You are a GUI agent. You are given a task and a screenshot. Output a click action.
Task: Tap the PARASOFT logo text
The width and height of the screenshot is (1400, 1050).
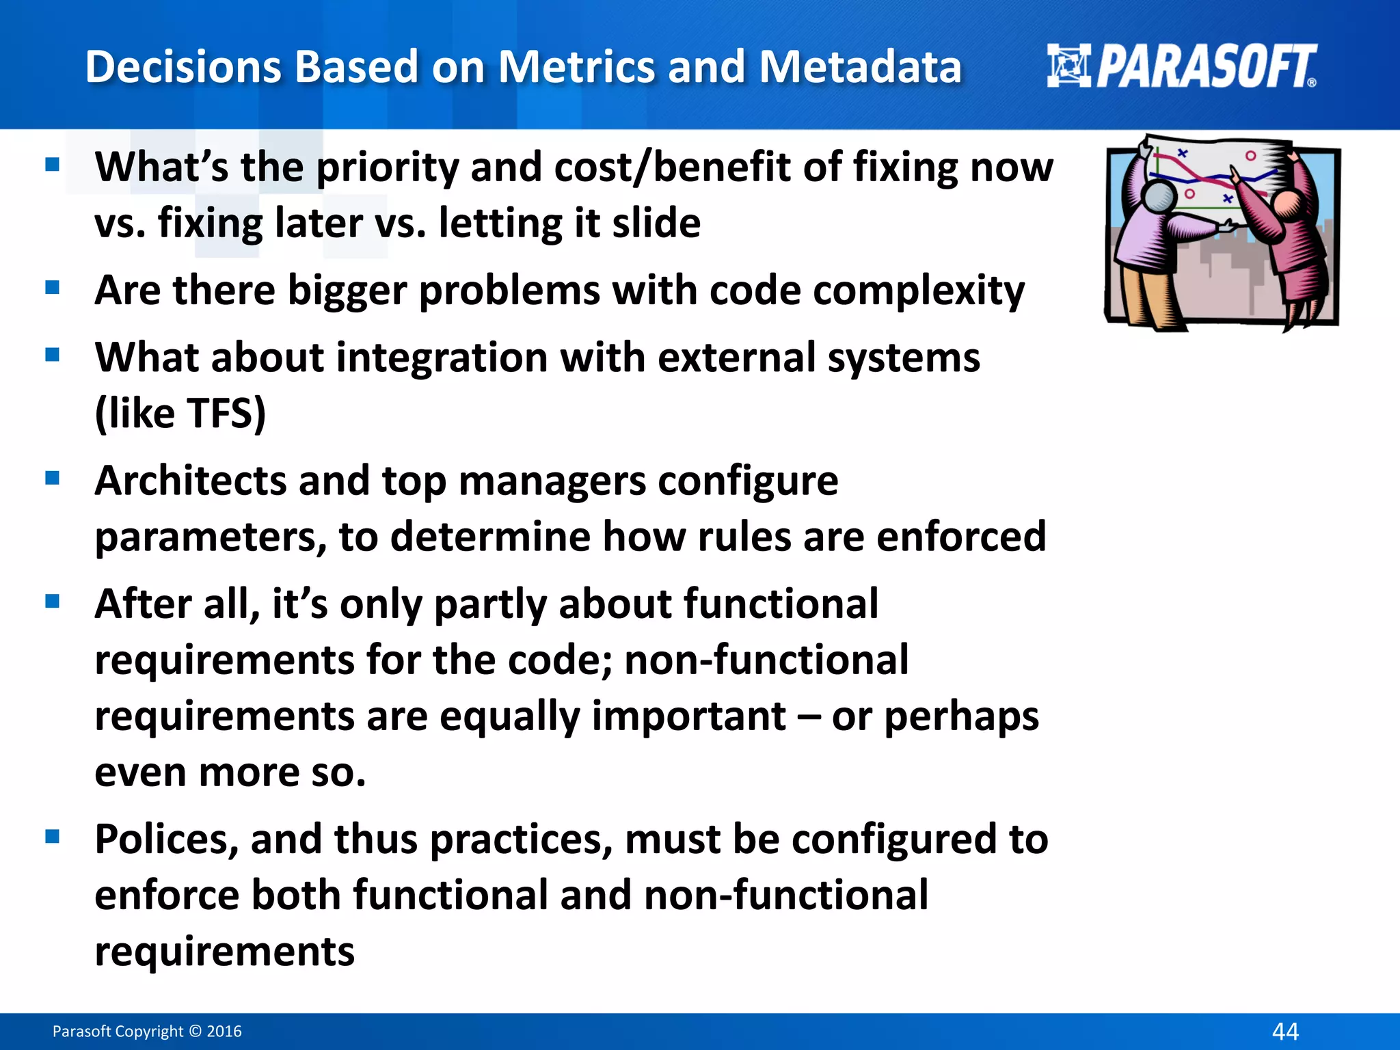click(x=1206, y=67)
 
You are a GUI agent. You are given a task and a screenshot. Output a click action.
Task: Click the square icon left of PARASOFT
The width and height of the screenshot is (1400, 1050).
click(x=1068, y=66)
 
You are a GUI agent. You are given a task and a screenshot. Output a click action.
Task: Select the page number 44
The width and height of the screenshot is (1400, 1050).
click(x=1285, y=1031)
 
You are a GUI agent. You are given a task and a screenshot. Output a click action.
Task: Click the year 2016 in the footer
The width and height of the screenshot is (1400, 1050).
click(x=224, y=1032)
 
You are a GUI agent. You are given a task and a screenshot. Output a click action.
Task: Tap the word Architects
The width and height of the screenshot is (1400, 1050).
click(x=190, y=481)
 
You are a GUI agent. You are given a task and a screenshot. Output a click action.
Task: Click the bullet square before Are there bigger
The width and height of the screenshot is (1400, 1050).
click(x=53, y=288)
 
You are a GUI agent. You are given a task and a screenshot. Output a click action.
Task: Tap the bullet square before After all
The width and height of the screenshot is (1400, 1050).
click(x=53, y=602)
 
